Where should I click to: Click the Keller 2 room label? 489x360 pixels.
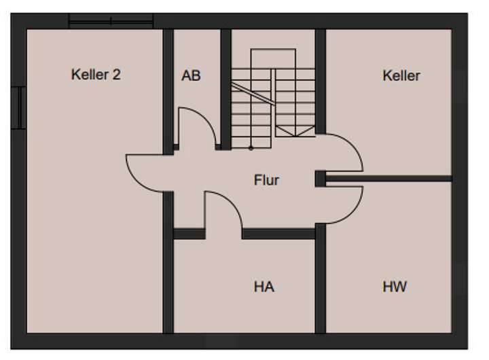pos(96,75)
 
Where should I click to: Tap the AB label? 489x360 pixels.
pos(191,75)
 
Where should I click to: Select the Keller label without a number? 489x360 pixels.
pos(401,75)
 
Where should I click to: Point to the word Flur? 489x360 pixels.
pos(266,181)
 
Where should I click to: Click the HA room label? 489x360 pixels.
pos(264,287)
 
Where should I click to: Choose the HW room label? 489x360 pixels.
pos(395,287)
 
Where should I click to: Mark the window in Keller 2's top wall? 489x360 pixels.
pos(111,22)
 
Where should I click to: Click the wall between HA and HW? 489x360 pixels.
pos(321,285)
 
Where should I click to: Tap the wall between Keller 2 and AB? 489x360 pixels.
pos(168,82)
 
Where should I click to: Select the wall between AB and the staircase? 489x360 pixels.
pos(225,82)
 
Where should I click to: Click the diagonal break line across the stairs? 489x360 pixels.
pos(253,94)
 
